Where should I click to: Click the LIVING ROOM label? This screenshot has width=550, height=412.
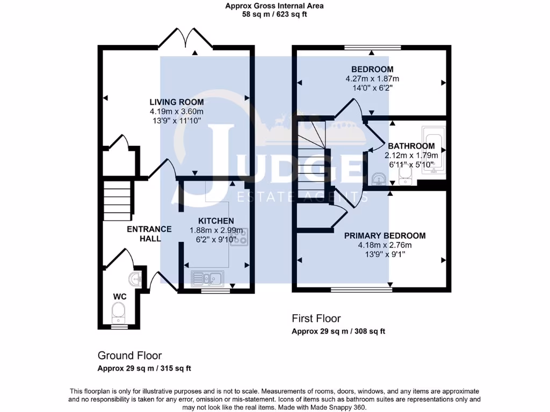176,102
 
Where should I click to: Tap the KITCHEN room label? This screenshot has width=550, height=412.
216,221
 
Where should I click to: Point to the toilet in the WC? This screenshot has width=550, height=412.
118,311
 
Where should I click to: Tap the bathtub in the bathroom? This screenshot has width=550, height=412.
432,150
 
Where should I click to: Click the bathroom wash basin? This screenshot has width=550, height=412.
378,178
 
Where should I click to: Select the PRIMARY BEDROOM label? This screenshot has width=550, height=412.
385,236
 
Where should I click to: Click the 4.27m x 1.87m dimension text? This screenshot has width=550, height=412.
372,79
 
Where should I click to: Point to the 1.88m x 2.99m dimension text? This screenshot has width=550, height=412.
216,231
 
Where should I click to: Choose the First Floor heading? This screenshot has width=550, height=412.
316,319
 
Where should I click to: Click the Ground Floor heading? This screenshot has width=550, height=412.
129,355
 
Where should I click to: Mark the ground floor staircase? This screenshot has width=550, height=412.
117,201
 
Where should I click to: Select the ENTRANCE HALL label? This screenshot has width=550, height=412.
149,233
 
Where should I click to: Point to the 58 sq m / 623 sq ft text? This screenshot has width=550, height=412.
274,14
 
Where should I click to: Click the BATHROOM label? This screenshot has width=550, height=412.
411,146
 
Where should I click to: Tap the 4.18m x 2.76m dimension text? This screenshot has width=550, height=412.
385,245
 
